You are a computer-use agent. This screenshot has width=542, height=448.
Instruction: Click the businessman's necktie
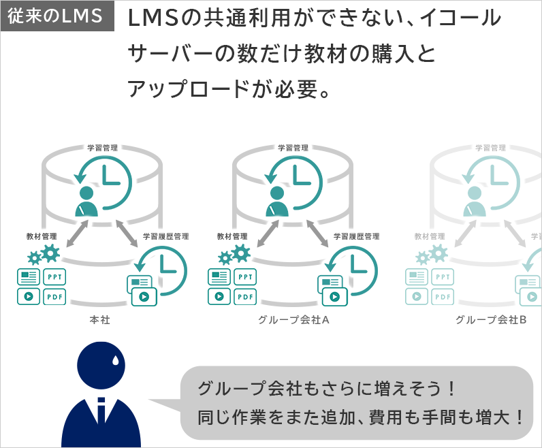click(101, 413)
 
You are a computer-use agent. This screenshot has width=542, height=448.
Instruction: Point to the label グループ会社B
click(491, 319)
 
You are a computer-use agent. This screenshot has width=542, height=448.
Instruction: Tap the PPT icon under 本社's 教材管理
click(55, 277)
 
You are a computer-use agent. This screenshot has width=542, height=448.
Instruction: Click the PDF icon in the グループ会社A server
click(246, 297)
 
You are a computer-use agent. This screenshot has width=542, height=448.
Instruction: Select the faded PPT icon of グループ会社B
click(443, 277)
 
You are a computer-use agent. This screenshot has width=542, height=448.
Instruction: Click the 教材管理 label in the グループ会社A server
click(232, 236)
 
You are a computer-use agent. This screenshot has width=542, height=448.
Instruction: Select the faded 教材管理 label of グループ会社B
click(429, 236)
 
